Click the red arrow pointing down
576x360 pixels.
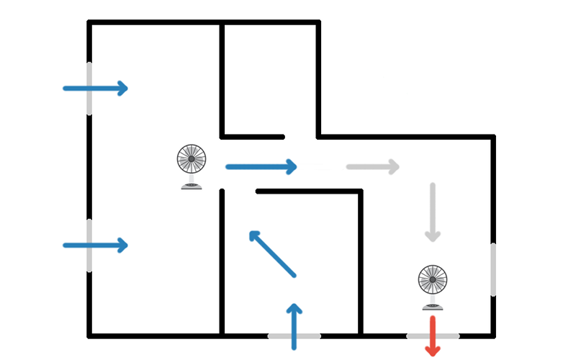(433, 335)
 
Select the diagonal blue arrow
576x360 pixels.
(272, 253)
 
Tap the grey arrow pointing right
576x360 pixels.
(372, 167)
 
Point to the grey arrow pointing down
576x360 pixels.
(432, 212)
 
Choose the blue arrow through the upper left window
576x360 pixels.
(96, 89)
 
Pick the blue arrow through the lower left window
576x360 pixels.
(96, 246)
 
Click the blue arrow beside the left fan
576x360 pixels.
(261, 167)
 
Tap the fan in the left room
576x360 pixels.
(192, 166)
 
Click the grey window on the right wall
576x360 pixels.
(493, 269)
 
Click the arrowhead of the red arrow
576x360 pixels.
(433, 350)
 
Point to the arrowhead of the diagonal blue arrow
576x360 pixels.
(253, 235)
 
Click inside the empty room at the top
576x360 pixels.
(269, 78)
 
